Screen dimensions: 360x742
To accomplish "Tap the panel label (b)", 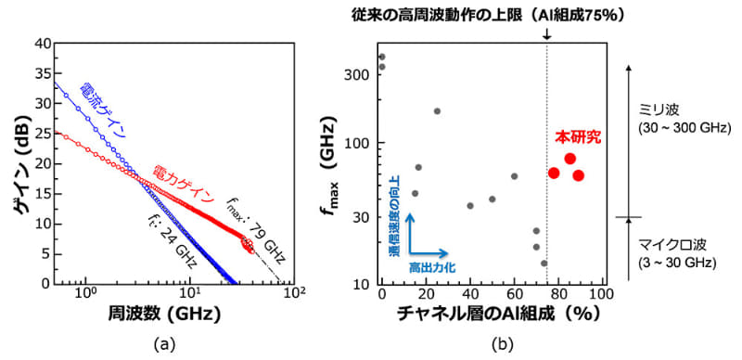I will tap(501, 345).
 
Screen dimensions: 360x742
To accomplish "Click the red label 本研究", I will tap(577, 136).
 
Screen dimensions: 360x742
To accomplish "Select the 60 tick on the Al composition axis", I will tap(515, 295).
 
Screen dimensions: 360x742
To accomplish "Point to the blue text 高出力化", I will tap(429, 267).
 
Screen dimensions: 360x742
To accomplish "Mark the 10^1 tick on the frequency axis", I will tap(189, 295).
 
